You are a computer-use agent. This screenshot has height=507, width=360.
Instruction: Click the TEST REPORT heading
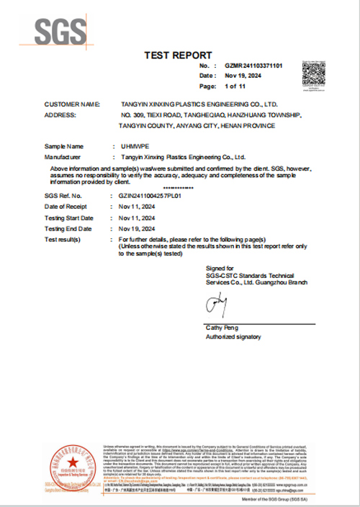[x=179, y=55]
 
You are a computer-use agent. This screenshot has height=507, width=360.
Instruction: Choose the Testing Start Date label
[x=68, y=217]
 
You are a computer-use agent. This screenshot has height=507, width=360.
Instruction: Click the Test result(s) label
[x=63, y=238]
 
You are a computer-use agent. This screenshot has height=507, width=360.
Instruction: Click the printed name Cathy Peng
[x=222, y=328]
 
